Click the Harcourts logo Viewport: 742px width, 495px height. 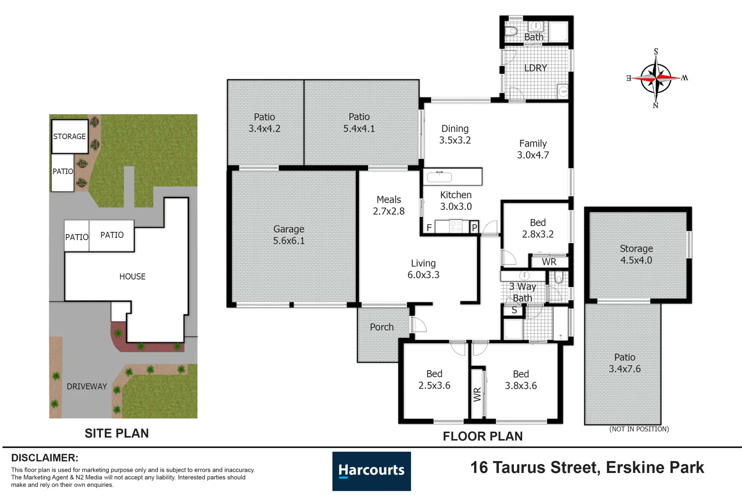click(x=371, y=471)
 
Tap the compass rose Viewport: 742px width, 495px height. click(x=656, y=78)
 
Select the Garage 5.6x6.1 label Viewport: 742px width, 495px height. click(x=289, y=235)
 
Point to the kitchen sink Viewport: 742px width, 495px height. click(x=439, y=177)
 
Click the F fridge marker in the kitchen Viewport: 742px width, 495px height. click(x=429, y=228)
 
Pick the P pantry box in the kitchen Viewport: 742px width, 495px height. click(x=475, y=227)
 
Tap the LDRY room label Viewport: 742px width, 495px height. click(x=535, y=68)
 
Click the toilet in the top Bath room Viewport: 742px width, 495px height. click(x=511, y=31)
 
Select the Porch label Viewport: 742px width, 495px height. click(x=382, y=327)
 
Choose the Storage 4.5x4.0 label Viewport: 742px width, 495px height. click(x=636, y=254)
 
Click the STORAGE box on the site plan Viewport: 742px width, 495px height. click(x=70, y=136)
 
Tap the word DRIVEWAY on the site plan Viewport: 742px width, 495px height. click(x=87, y=386)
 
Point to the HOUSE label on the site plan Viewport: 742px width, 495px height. click(x=132, y=276)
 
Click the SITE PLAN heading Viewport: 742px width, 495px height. click(x=117, y=433)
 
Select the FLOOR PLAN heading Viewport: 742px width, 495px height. click(x=483, y=436)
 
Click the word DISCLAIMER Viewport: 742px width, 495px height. click(x=45, y=458)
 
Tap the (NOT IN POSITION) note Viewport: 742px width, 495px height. click(x=639, y=429)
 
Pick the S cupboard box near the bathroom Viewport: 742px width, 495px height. click(x=513, y=310)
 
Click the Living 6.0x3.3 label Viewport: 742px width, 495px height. click(x=423, y=269)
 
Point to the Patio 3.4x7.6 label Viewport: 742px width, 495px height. click(x=625, y=363)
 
